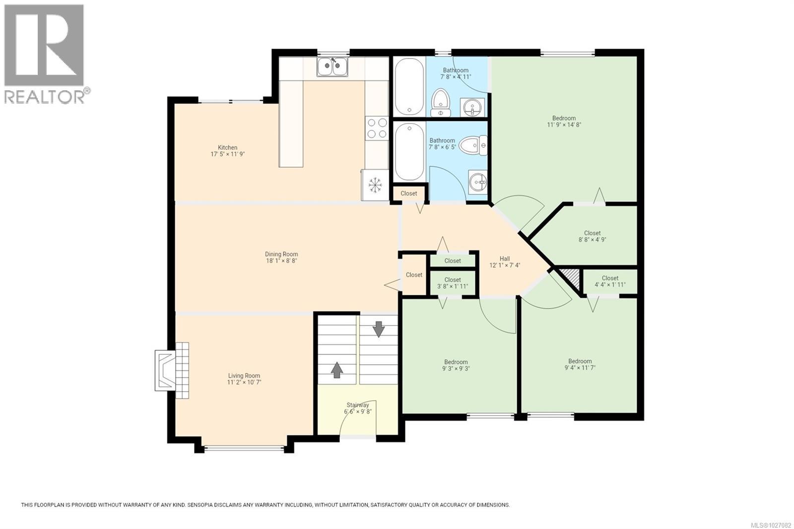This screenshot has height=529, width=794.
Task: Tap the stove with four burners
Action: click(377, 128)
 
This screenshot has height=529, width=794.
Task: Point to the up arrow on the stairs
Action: click(337, 370)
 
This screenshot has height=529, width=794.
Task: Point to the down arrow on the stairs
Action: click(379, 329)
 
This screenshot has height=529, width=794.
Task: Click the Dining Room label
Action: click(281, 254)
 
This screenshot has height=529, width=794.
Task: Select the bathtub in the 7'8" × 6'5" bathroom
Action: click(409, 151)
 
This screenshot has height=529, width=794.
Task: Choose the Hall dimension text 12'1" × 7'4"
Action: click(505, 265)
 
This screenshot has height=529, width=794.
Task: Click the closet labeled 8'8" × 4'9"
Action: click(592, 236)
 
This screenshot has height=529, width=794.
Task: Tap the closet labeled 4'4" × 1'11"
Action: click(610, 281)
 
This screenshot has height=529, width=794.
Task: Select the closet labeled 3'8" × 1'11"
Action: click(453, 283)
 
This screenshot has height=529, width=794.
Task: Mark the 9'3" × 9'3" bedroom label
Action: click(456, 365)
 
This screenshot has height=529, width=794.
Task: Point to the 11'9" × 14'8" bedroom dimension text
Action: click(564, 125)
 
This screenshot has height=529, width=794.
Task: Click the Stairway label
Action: click(357, 405)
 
